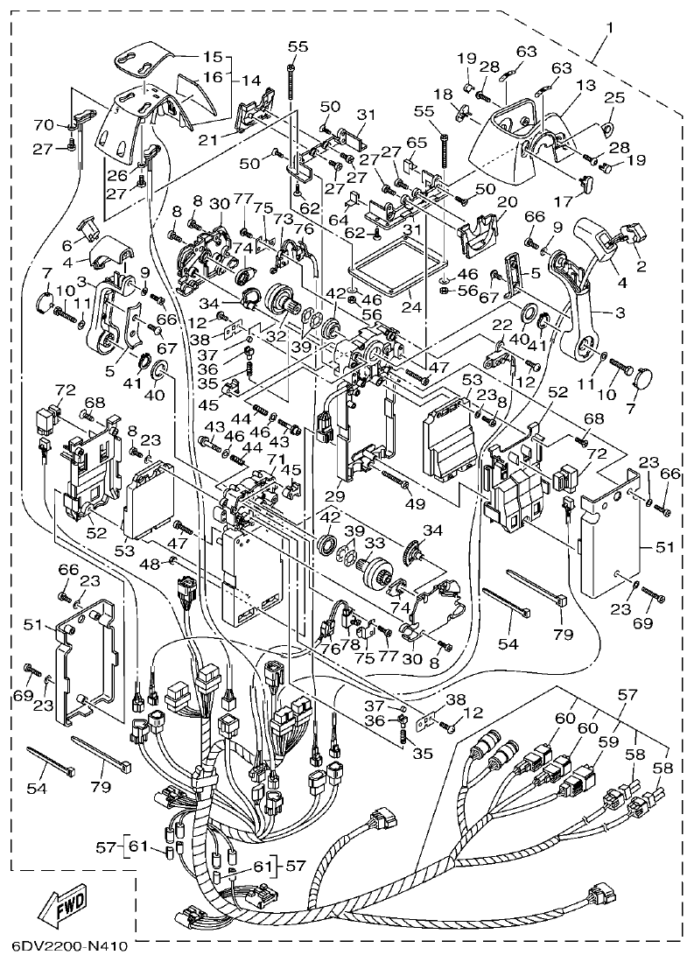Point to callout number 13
(585, 86)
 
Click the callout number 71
(277, 459)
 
